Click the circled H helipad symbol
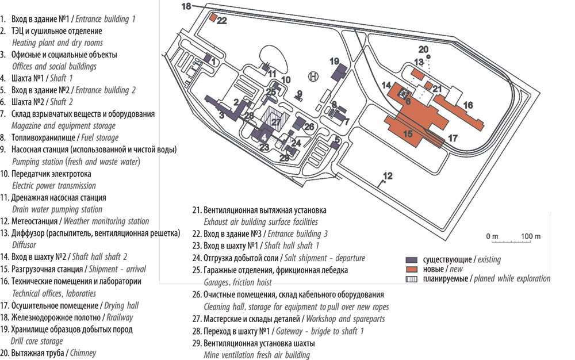click(313, 76)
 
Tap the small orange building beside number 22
click(213, 18)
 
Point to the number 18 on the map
click(186, 6)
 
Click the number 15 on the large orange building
click(408, 134)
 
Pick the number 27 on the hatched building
click(276, 122)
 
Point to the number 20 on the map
click(423, 49)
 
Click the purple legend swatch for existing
click(411, 259)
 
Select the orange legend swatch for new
click(411, 269)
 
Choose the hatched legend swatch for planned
click(411, 279)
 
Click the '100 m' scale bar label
click(530, 236)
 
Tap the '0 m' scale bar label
click(492, 236)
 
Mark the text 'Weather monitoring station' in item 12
click(106, 221)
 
